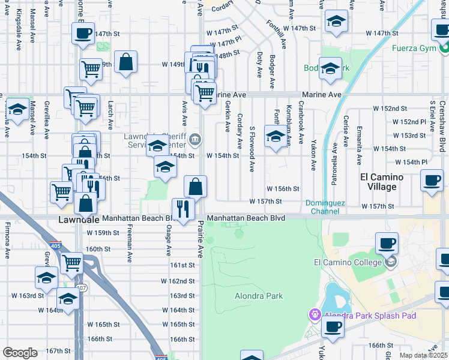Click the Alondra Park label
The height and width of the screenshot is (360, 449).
pyautogui.click(x=258, y=296)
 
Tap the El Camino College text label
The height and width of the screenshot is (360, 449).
pyautogui.click(x=348, y=262)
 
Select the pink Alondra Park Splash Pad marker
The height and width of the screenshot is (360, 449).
pyautogui.click(x=314, y=314)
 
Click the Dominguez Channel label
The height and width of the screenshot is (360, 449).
pyautogui.click(x=325, y=207)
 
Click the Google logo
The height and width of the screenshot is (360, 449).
pyautogui.click(x=20, y=353)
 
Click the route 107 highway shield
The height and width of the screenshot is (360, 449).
pyautogui.click(x=82, y=289)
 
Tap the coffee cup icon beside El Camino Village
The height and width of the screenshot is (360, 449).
pyautogui.click(x=431, y=180)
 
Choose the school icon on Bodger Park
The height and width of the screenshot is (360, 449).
pyautogui.click(x=330, y=68)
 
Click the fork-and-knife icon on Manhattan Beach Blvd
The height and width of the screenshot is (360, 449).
pyautogui.click(x=183, y=208)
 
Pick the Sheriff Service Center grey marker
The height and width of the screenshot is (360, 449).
pyautogui.click(x=194, y=140)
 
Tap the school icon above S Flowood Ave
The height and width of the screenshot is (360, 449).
pyautogui.click(x=276, y=137)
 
